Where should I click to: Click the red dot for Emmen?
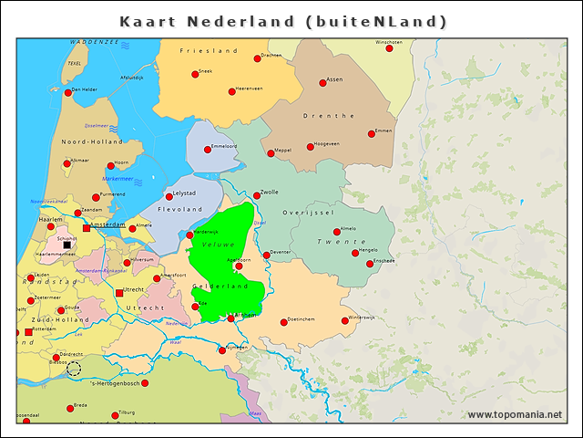point(372,134)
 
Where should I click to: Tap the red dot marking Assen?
point(322,83)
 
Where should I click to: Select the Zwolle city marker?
point(257,195)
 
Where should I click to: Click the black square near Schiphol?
point(67,245)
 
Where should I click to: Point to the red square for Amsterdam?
point(87,228)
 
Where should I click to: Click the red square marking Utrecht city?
point(119,293)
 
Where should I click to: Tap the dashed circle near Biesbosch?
point(74,369)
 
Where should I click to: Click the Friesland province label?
point(209,51)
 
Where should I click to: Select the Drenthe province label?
point(333,116)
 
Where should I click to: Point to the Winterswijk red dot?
point(345,320)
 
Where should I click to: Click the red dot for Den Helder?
point(68,92)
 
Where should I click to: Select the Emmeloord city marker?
point(208,149)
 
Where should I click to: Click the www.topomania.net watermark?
point(515,415)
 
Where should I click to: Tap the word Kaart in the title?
point(150,21)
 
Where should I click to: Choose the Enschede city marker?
point(369,264)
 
